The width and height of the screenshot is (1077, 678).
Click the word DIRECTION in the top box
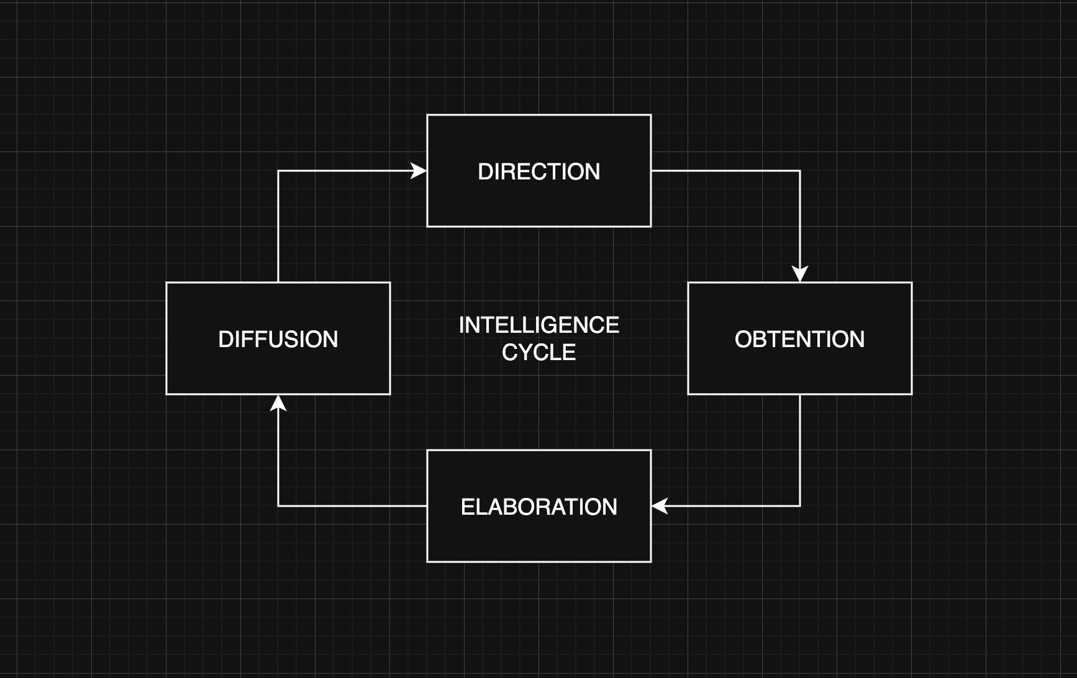[538, 172]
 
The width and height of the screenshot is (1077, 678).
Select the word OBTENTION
[799, 340]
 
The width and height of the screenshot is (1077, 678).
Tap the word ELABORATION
[538, 507]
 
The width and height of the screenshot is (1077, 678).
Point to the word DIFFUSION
[278, 340]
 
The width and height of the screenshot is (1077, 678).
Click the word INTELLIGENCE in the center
[538, 325]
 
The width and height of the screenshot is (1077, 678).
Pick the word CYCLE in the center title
[538, 353]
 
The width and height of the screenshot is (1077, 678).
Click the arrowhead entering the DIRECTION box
[419, 171]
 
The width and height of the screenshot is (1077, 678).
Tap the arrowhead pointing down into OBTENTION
[800, 274]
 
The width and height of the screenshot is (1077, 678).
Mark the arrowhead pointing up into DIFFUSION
[278, 403]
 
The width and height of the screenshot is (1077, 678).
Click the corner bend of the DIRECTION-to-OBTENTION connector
[800, 171]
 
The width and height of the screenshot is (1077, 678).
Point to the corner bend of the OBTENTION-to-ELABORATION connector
[800, 506]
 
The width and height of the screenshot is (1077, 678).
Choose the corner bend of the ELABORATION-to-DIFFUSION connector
[278, 506]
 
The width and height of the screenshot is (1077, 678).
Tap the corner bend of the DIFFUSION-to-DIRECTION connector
[278, 171]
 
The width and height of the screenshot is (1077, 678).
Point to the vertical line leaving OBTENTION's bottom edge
[800, 447]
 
